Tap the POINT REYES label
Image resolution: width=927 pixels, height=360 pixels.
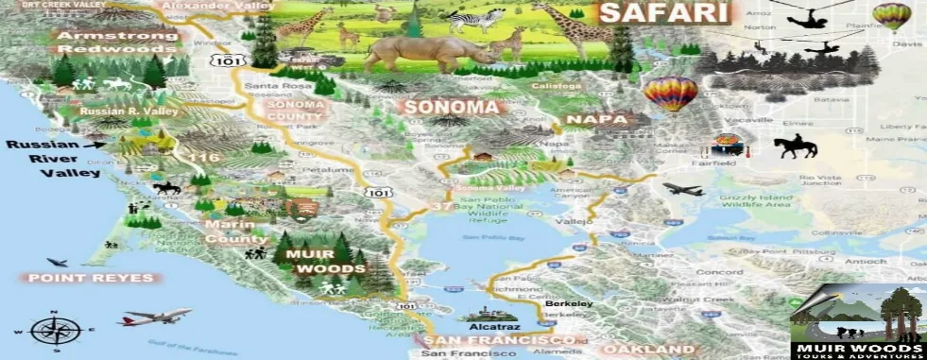(91, 278)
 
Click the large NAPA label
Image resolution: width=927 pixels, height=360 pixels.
(596, 120)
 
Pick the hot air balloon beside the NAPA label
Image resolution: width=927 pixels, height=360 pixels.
(671, 94)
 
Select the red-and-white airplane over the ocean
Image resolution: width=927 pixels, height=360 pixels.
(155, 317)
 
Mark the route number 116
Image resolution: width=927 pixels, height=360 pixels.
(203, 157)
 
